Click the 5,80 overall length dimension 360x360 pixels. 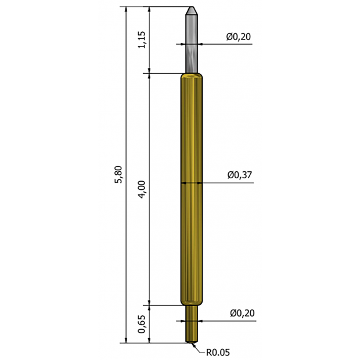[x=119, y=174]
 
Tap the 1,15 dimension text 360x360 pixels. [x=142, y=39]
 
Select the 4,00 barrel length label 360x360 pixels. [x=142, y=189]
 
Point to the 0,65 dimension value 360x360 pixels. [x=142, y=324]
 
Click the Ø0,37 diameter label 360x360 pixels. [x=240, y=175]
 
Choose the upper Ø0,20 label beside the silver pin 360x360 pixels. [x=239, y=37]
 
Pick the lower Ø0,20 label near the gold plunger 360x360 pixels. [x=243, y=313]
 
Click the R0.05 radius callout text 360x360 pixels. [x=218, y=352]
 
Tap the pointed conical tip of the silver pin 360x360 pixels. [x=192, y=10]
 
